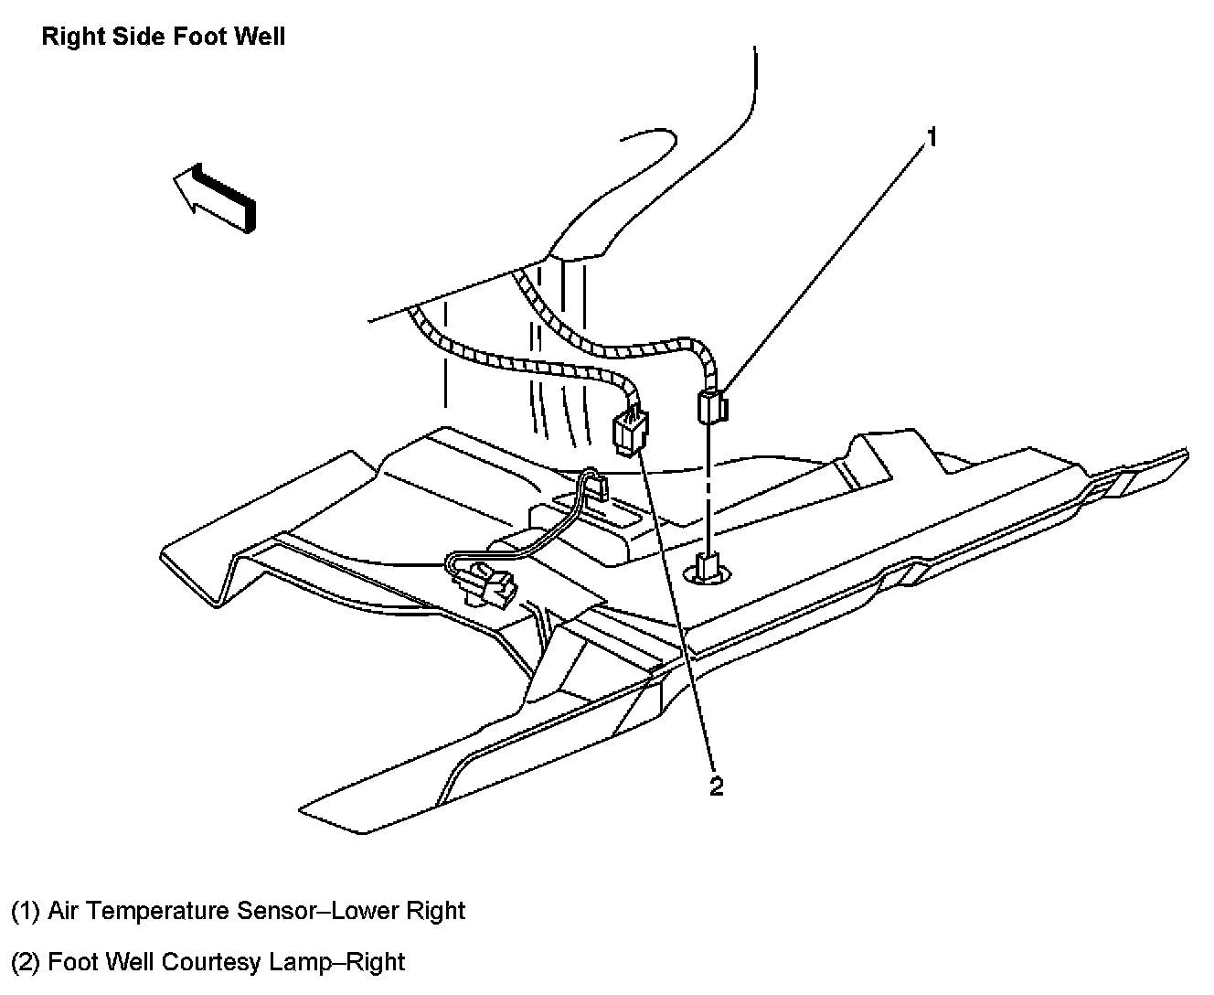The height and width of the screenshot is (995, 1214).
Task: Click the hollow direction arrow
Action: (216, 195)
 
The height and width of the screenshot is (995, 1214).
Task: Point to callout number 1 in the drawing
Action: (932, 137)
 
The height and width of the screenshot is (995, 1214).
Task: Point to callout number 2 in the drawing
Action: (716, 786)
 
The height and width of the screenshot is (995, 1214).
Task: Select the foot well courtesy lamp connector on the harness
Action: (629, 432)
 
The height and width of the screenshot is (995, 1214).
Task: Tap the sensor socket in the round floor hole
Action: (709, 571)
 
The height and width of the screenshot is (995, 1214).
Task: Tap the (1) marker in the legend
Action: (26, 912)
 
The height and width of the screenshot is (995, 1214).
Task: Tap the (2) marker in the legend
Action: (26, 963)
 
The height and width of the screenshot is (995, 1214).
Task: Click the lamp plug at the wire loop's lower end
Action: (485, 584)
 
